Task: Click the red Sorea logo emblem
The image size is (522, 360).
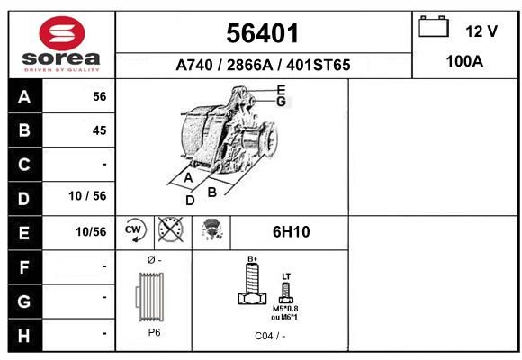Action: (x=62, y=33)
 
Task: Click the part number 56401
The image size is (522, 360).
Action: (x=263, y=33)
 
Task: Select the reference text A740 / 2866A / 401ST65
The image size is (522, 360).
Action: (x=263, y=65)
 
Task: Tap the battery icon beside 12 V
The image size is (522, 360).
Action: (x=434, y=26)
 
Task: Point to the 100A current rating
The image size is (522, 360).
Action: (x=464, y=61)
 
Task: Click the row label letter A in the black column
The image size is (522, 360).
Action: (x=24, y=97)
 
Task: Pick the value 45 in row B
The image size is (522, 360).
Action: (x=100, y=130)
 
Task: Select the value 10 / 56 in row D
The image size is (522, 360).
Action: (x=87, y=196)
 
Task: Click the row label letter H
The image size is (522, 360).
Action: (x=24, y=336)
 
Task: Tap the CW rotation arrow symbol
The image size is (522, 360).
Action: (x=135, y=229)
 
